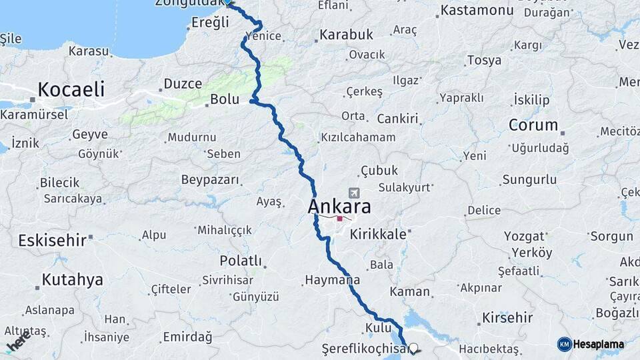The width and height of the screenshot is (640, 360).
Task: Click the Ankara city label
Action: (339, 207)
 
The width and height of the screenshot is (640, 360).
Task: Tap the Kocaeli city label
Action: (71, 89)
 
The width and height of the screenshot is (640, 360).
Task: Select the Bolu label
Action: (224, 99)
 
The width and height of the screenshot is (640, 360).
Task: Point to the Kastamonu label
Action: (476, 11)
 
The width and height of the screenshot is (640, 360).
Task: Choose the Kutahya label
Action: (72, 280)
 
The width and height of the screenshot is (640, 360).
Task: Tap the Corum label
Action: (533, 125)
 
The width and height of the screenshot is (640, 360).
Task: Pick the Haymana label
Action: (332, 281)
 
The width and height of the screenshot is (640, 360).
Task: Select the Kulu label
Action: (377, 328)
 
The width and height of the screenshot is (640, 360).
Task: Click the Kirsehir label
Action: (507, 317)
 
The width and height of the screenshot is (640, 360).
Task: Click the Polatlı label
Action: (241, 261)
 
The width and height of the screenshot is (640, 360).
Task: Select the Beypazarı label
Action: (209, 180)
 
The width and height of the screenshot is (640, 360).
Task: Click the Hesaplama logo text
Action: (598, 345)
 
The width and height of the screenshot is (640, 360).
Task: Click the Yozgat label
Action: (524, 237)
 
